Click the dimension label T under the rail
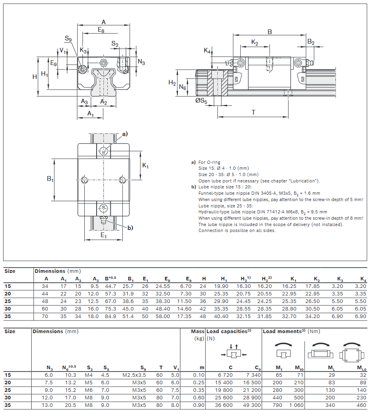pyautogui.click(x=253, y=112)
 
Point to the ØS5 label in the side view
pyautogui.click(x=201, y=101)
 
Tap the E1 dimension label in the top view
pyautogui.click(x=103, y=236)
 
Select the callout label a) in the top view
pyautogui.click(x=125, y=134)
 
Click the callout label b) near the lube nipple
pyautogui.click(x=130, y=228)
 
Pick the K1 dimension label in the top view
pyautogui.click(x=145, y=165)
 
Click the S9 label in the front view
pyautogui.click(x=68, y=38)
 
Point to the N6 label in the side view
pyautogui.click(x=182, y=87)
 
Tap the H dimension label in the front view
pyautogui.click(x=34, y=77)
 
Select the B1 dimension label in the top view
pyautogui.click(x=50, y=178)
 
